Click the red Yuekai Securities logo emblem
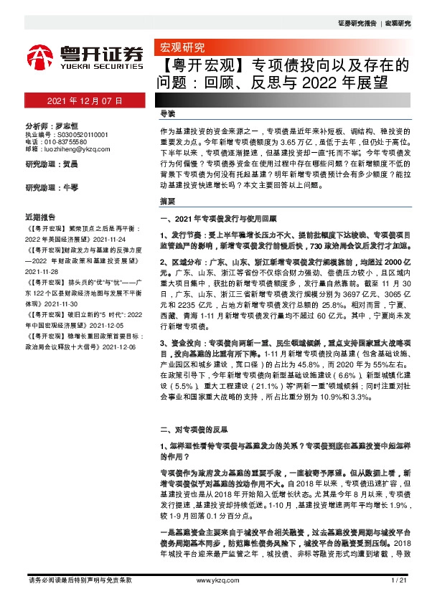(x=40, y=57)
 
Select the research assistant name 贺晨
(x=70, y=164)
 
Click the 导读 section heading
(x=167, y=114)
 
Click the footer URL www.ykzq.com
(x=212, y=580)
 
